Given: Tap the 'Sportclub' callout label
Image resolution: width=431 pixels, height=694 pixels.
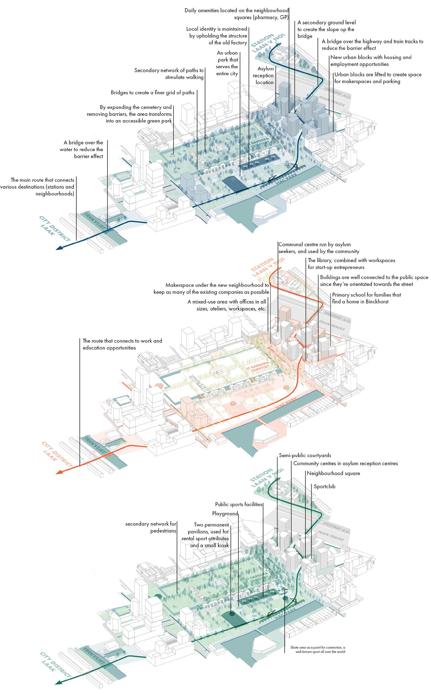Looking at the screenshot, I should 325,486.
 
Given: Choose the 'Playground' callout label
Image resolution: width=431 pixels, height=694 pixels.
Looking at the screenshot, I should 225,514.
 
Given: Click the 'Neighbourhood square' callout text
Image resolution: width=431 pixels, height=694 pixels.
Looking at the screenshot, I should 333,473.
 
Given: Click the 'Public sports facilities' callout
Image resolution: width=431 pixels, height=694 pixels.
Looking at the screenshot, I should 239,504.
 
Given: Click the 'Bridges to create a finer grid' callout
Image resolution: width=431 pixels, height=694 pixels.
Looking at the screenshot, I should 153,93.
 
